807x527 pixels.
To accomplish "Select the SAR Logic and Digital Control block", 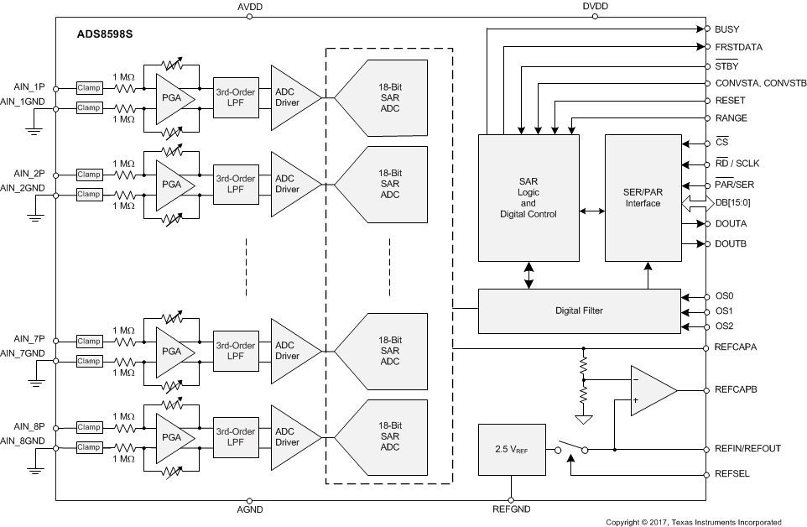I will pyautogui.click(x=528, y=197).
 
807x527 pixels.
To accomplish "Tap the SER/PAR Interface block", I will pyautogui.click(x=643, y=197).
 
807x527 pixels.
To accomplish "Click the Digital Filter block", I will pyautogui.click(x=579, y=310).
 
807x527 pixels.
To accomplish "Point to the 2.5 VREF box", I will pyautogui.click(x=510, y=449).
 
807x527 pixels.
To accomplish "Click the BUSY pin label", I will pyautogui.click(x=727, y=29).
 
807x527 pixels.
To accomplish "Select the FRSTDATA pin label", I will pyautogui.click(x=738, y=47).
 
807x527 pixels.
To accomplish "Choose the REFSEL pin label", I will pyautogui.click(x=732, y=474).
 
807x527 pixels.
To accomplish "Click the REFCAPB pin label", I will pyautogui.click(x=737, y=391).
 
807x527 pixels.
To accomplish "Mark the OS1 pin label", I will pyautogui.click(x=723, y=311).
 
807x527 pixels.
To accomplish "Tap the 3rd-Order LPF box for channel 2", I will pyautogui.click(x=236, y=184).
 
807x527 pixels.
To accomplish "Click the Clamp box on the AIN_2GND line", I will pyautogui.click(x=88, y=195).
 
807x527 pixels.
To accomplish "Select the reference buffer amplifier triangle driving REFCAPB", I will pyautogui.click(x=651, y=391).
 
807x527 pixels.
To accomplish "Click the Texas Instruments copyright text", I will pyautogui.click(x=693, y=522).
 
